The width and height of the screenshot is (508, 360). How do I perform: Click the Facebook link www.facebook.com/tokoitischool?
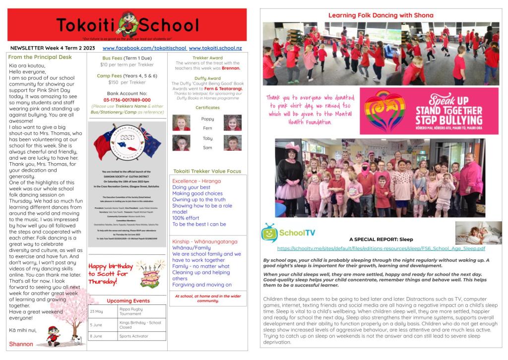pyautogui.click(x=144, y=48)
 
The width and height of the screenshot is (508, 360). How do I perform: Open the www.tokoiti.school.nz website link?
pyautogui.click(x=215, y=48)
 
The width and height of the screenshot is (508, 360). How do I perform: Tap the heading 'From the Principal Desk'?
pyautogui.click(x=40, y=57)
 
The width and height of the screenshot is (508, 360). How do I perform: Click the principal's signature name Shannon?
pyautogui.click(x=21, y=344)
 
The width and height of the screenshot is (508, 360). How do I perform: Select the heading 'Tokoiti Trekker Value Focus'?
pyautogui.click(x=207, y=171)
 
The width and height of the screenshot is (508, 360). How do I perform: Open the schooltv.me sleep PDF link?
pyautogui.click(x=381, y=248)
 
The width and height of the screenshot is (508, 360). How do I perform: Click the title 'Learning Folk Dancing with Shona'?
pyautogui.click(x=381, y=15)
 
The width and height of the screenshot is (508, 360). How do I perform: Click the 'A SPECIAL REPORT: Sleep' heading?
pyautogui.click(x=381, y=239)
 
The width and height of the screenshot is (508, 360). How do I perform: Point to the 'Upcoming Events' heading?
pyautogui.click(x=128, y=301)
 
